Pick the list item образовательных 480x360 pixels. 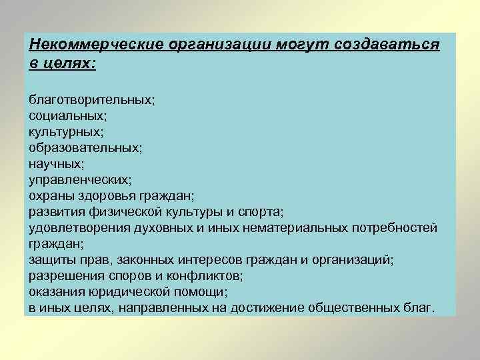[85, 147]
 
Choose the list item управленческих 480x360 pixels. [80, 179]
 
